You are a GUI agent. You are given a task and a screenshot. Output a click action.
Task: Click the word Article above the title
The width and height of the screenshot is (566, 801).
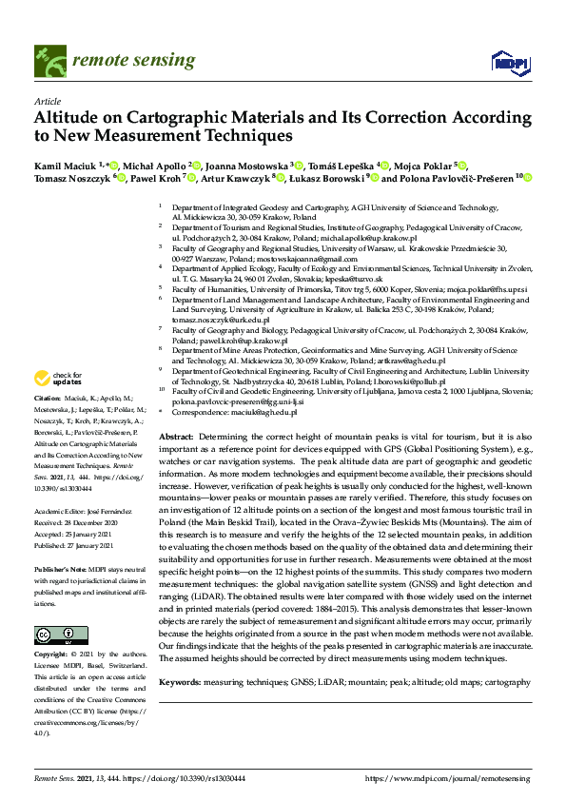(47, 100)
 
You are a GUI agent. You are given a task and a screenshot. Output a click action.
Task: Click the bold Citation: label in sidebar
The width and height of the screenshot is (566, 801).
(48, 423)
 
